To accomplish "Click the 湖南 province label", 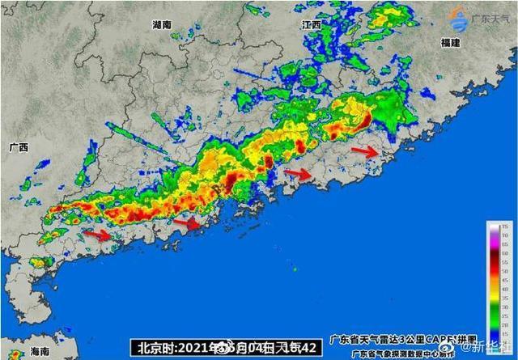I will click(x=162, y=25).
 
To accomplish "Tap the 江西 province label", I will click(x=312, y=25).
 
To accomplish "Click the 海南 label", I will click(x=40, y=352).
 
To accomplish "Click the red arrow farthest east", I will click(x=365, y=150).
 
